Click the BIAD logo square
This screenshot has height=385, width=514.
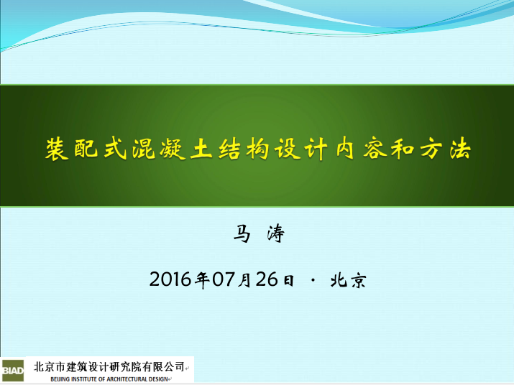click(12, 371)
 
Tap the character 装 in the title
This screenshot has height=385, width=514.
click(57, 149)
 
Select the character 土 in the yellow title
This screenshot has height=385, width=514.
click(201, 149)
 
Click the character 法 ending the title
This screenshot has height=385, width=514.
click(460, 149)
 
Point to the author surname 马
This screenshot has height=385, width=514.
click(242, 233)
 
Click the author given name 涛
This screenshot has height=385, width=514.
click(276, 233)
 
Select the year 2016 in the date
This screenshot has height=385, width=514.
click(170, 279)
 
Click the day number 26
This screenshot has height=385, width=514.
click(267, 279)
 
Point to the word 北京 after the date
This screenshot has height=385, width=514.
click(348, 280)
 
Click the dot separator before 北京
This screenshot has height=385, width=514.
click(313, 280)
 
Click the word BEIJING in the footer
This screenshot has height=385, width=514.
click(60, 379)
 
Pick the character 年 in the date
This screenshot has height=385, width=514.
click(202, 280)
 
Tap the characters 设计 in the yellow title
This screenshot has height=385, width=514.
click(301, 149)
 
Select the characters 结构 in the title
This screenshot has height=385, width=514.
click(244, 149)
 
